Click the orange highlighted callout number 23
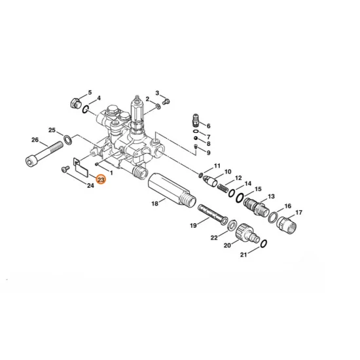(101, 180)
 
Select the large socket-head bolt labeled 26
(44, 153)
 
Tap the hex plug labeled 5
(75, 103)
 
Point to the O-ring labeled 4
(85, 109)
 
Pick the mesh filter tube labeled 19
(213, 213)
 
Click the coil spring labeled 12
(223, 189)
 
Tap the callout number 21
(243, 255)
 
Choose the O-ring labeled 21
(264, 243)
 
